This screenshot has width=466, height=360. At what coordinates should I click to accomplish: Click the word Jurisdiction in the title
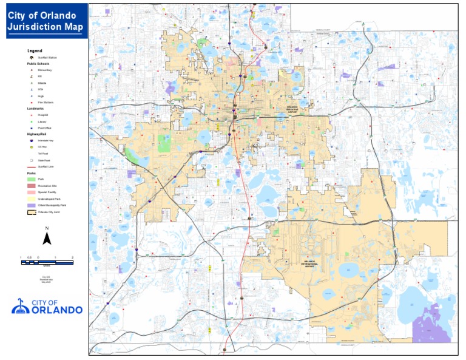click(x=31, y=26)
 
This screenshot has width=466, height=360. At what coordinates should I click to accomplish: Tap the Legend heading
click(x=35, y=50)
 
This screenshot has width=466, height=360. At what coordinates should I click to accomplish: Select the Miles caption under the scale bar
click(x=46, y=265)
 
